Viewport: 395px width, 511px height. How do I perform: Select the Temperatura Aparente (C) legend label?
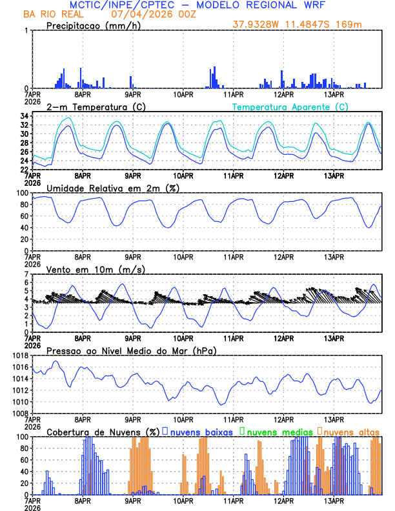pyautogui.click(x=290, y=106)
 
